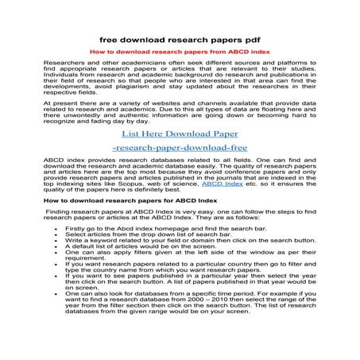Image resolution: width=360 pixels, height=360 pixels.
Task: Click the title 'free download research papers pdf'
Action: pos(179,37)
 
